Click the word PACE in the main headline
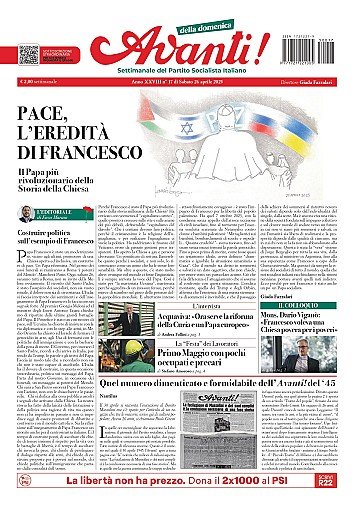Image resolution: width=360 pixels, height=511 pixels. coord(62,105)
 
